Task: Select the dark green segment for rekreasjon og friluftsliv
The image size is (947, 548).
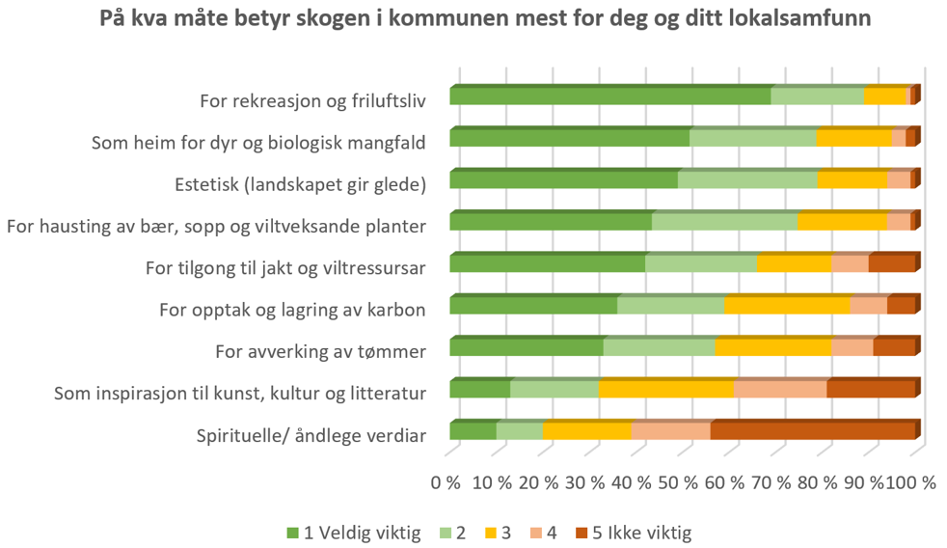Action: coord(609,96)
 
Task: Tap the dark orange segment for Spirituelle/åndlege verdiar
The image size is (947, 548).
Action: coord(812,431)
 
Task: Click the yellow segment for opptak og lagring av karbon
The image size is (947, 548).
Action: coord(787,306)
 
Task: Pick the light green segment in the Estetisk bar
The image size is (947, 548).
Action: coord(747,180)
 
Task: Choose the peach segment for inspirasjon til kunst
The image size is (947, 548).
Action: coord(780,390)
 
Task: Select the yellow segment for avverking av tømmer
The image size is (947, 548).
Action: coord(772,348)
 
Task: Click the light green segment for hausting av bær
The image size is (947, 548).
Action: coord(724,222)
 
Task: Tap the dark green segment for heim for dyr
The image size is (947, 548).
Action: coord(569,138)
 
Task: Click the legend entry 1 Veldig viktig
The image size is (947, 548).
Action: coord(354,533)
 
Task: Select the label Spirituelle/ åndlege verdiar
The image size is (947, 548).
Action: coord(311,435)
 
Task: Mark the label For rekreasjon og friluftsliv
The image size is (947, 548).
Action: coord(312,99)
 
